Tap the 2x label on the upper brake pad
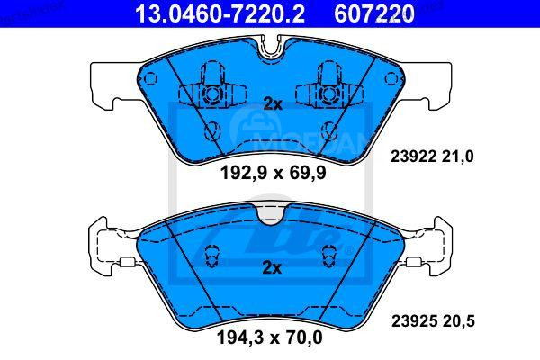(272, 104)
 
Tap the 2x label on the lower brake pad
(272, 267)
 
